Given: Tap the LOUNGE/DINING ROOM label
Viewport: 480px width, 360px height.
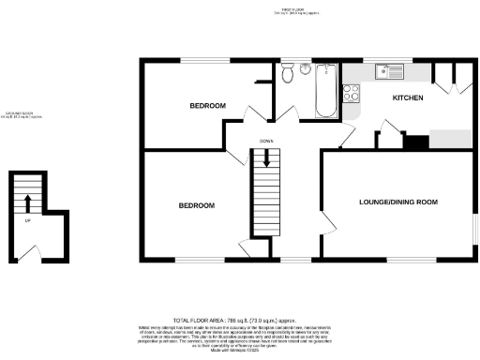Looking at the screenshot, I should [x=398, y=202].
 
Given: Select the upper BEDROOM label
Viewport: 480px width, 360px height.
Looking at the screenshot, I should [x=208, y=106].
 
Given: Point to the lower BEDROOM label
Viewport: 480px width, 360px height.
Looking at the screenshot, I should [x=197, y=205].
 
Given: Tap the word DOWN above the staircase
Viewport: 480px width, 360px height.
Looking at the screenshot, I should [x=265, y=141].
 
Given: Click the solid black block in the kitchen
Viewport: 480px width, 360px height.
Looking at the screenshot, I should [x=415, y=142].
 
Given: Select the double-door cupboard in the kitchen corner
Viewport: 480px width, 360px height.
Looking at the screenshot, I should [x=449, y=79].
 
